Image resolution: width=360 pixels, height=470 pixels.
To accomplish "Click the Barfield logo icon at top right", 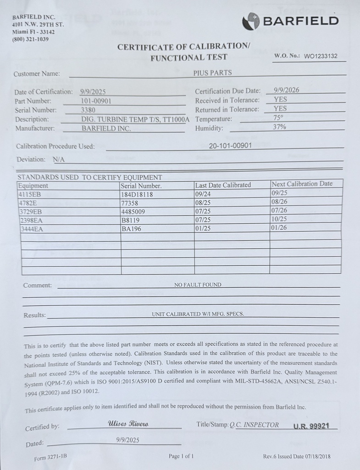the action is pos(251,20).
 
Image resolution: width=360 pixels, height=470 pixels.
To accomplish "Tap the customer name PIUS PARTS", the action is pos(212,73).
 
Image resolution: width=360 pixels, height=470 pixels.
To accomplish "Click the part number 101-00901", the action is pos(96,101).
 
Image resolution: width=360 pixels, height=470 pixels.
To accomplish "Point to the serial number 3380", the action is pos(88,110).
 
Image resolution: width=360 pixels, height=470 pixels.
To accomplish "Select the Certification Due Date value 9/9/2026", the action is pos(286,90).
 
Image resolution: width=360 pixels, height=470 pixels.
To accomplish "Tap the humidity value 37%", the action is pos(279,127).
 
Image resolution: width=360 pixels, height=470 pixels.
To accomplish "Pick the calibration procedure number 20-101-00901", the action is pos(230,145).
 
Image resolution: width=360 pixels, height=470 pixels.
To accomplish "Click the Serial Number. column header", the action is pos(141,186).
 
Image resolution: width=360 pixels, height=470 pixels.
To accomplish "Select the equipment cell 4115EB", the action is pos(30,194).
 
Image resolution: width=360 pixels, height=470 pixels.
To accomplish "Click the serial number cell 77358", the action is pos(130,203).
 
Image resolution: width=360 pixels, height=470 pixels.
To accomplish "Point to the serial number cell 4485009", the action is pos(133,212).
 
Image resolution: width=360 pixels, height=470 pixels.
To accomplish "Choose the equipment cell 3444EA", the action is pos(31,229).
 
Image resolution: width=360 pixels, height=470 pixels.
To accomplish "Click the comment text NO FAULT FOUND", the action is pos(198,285).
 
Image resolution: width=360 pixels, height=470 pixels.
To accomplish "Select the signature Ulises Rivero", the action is pos(128,423).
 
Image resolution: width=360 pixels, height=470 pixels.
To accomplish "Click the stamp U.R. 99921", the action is pos(311,426).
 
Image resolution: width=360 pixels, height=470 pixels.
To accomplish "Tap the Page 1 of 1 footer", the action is pos(181,456).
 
